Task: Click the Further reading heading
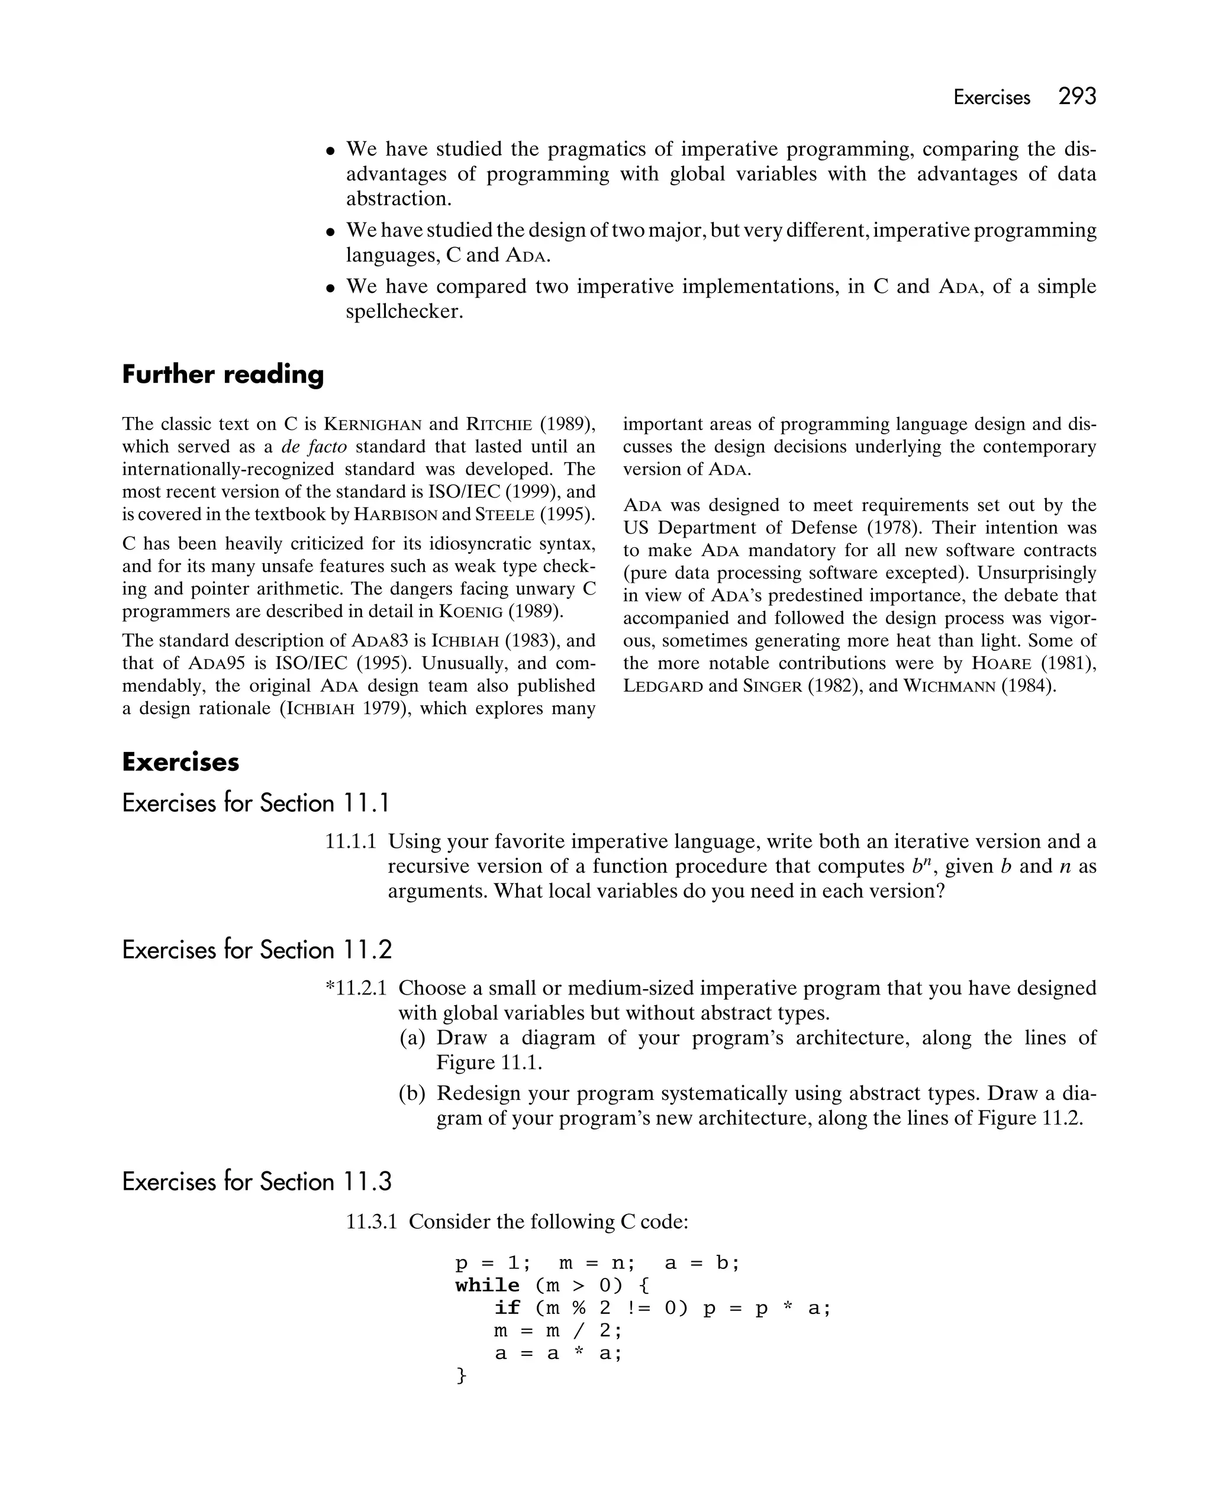tap(223, 374)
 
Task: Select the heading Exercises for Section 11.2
tap(256, 950)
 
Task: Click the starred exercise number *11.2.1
tap(356, 989)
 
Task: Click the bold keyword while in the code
tap(487, 1286)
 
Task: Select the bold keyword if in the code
tap(507, 1308)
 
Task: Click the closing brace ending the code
tap(460, 1376)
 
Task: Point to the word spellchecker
tap(404, 311)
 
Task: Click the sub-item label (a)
tap(412, 1038)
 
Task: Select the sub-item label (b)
tap(412, 1093)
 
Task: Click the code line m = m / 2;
tap(557, 1331)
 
